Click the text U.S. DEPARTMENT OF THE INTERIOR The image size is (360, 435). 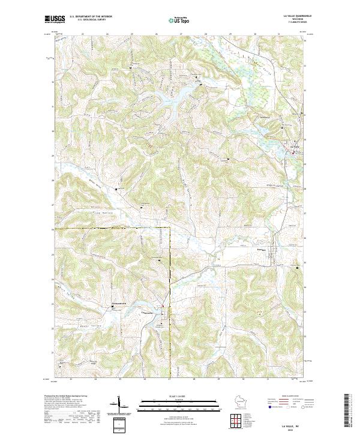pos(91,17)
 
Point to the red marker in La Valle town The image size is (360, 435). pos(292,152)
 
